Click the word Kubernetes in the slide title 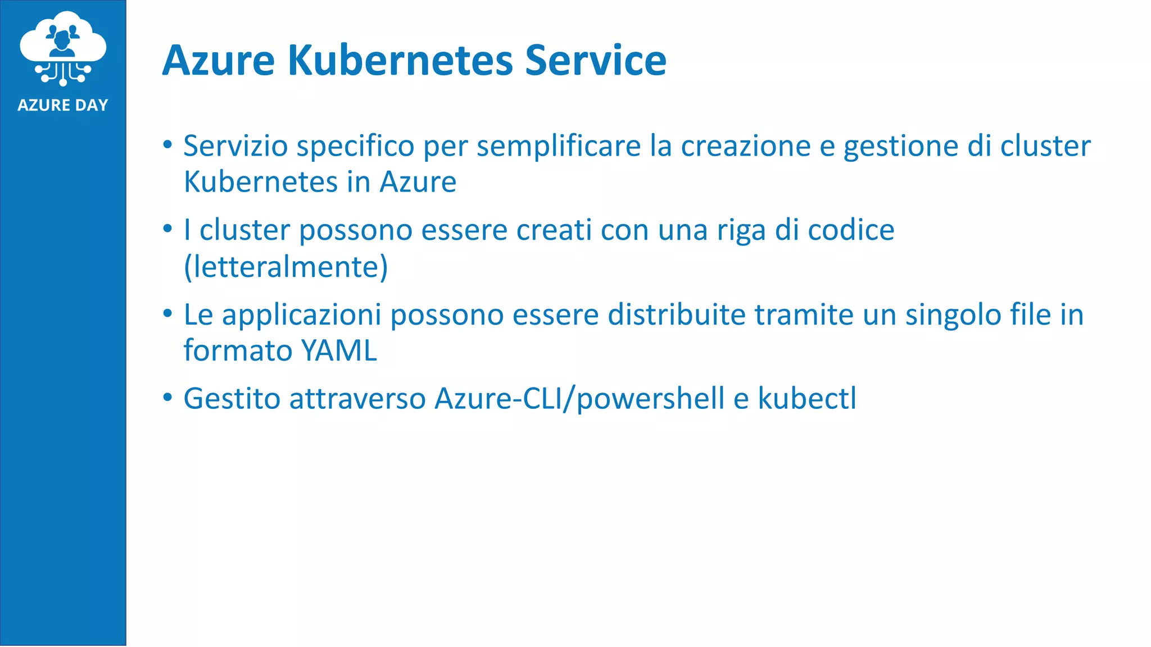(x=400, y=60)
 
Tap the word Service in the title (x=596, y=60)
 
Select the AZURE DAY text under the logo (x=62, y=105)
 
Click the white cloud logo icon (x=63, y=48)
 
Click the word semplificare (x=559, y=146)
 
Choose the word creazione (x=746, y=146)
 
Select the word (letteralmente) (x=286, y=267)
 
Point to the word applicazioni (x=302, y=315)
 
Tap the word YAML (x=339, y=351)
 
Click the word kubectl (x=807, y=399)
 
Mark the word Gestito (x=232, y=399)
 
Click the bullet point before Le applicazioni (x=167, y=313)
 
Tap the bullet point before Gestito (x=167, y=398)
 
